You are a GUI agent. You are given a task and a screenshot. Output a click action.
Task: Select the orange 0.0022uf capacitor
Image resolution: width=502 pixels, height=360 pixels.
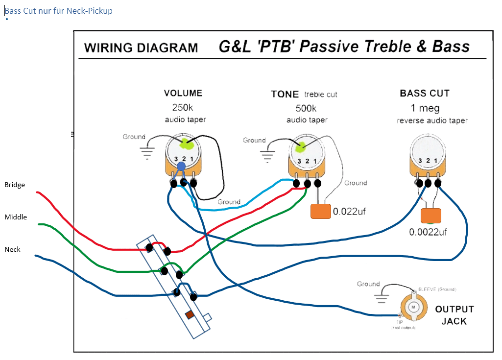click(431, 216)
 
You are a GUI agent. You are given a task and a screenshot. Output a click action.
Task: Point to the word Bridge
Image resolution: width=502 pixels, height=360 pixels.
click(15, 185)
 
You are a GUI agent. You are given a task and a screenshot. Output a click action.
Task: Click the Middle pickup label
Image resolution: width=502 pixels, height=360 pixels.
click(16, 217)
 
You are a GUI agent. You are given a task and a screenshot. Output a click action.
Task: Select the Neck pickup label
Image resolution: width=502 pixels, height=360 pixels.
click(13, 249)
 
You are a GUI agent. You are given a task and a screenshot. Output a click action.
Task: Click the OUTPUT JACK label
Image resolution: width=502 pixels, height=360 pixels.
click(454, 315)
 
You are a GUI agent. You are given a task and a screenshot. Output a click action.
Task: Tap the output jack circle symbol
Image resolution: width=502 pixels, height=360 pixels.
click(413, 307)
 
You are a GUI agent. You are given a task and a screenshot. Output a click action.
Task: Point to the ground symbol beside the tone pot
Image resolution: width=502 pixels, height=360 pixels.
click(267, 157)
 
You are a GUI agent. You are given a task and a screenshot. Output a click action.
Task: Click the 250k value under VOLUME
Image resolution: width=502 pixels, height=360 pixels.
click(182, 107)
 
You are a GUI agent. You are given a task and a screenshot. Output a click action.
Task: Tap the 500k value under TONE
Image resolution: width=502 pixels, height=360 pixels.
click(306, 108)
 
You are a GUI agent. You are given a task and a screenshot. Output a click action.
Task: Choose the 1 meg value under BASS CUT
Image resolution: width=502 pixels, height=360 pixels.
click(425, 108)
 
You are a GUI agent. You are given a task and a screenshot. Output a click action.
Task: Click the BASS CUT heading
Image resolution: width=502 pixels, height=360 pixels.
click(425, 93)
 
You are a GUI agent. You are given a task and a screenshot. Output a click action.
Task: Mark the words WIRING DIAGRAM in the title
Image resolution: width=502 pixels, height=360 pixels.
click(141, 48)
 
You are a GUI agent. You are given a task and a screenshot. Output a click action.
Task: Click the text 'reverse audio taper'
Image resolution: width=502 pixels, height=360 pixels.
click(432, 120)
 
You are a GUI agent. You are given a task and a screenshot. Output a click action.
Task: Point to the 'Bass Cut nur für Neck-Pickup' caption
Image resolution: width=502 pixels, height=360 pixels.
click(59, 10)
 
